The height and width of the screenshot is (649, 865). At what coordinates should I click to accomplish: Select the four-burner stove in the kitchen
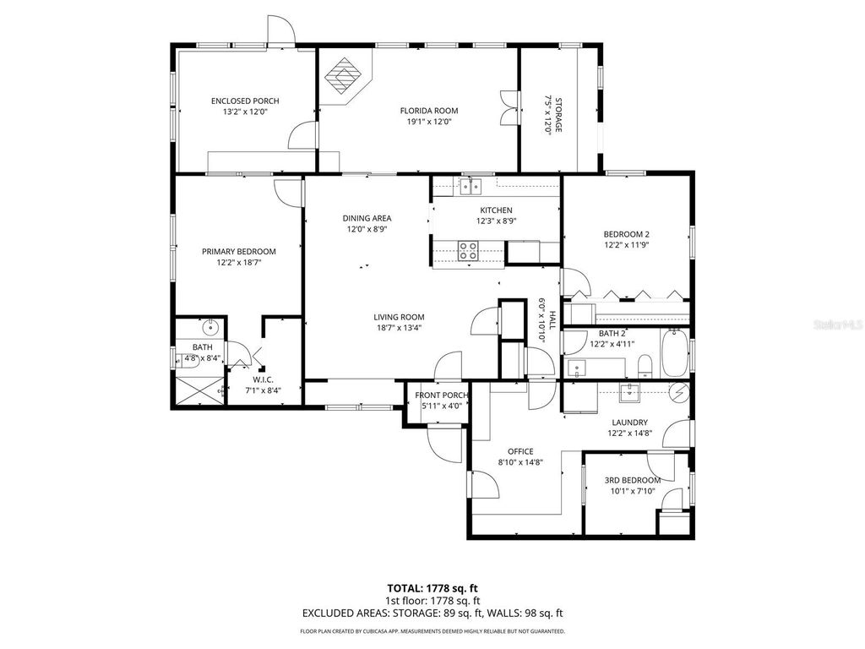[468, 250]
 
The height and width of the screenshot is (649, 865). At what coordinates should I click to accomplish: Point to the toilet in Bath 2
[645, 366]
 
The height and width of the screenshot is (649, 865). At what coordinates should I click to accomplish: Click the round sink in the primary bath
[210, 328]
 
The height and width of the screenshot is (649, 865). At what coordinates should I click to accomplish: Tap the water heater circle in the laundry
[678, 391]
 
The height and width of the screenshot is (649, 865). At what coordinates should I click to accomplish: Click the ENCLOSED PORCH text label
[245, 101]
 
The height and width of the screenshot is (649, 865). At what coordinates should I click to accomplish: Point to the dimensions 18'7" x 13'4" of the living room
[398, 328]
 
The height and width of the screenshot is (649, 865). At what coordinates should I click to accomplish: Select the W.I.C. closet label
[263, 380]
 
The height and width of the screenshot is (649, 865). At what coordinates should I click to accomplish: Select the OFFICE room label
[520, 450]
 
